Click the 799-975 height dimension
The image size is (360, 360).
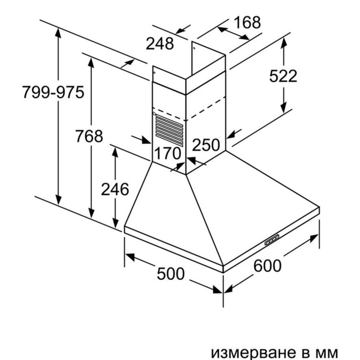(53, 92)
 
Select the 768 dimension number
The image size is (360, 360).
(89, 136)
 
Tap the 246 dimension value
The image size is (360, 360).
(115, 189)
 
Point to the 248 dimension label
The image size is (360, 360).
(160, 44)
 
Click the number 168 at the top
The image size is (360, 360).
(247, 22)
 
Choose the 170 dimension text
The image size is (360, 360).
(168, 154)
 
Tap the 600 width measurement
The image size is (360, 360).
(267, 266)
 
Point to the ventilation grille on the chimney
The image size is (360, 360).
(170, 130)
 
